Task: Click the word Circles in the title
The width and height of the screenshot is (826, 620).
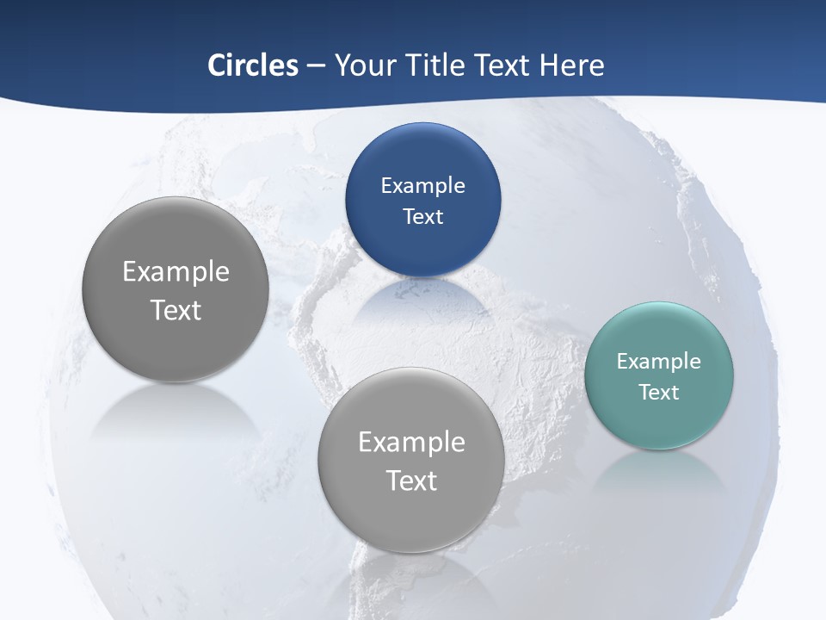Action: coord(253,65)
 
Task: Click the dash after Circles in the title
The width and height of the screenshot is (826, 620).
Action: coord(316,65)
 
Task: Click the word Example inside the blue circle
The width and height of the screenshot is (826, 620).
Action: coord(422,186)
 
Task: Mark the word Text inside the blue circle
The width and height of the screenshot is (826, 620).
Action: coord(422,217)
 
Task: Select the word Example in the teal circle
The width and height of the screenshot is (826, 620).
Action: coord(659,362)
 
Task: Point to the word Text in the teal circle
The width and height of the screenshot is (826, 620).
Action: coord(659,393)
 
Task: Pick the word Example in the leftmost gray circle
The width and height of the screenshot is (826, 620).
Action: coord(176,272)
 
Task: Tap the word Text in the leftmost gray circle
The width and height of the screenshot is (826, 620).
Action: coord(176,310)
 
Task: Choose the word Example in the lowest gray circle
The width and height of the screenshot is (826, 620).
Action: coord(411,443)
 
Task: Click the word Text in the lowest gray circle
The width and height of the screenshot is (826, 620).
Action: coord(411,480)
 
